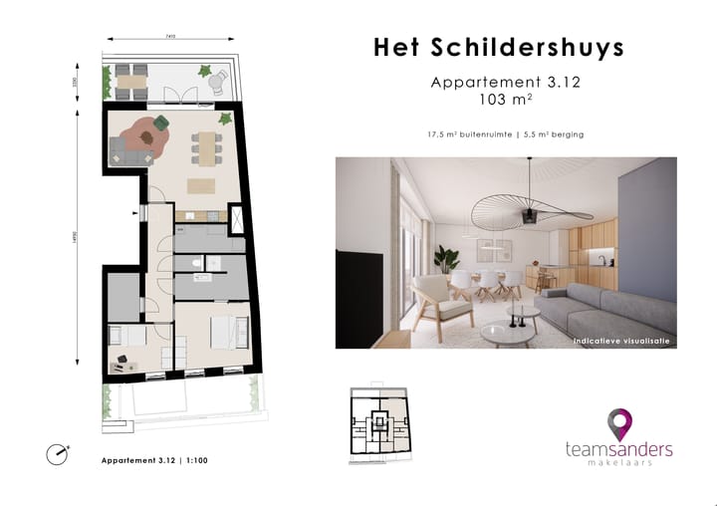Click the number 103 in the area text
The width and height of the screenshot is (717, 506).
click(x=493, y=100)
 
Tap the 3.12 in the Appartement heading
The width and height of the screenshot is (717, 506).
click(x=562, y=83)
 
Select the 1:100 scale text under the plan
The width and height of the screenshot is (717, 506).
click(x=196, y=460)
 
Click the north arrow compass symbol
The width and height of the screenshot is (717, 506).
click(x=58, y=454)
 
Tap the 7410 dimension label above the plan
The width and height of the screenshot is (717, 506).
click(x=170, y=37)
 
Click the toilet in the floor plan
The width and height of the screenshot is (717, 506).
click(x=191, y=262)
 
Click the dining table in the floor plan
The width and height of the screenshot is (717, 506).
click(x=207, y=148)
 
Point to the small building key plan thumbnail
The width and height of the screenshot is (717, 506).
click(x=377, y=422)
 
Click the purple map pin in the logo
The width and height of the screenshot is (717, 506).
click(x=620, y=424)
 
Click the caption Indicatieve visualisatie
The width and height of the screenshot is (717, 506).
click(x=621, y=341)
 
